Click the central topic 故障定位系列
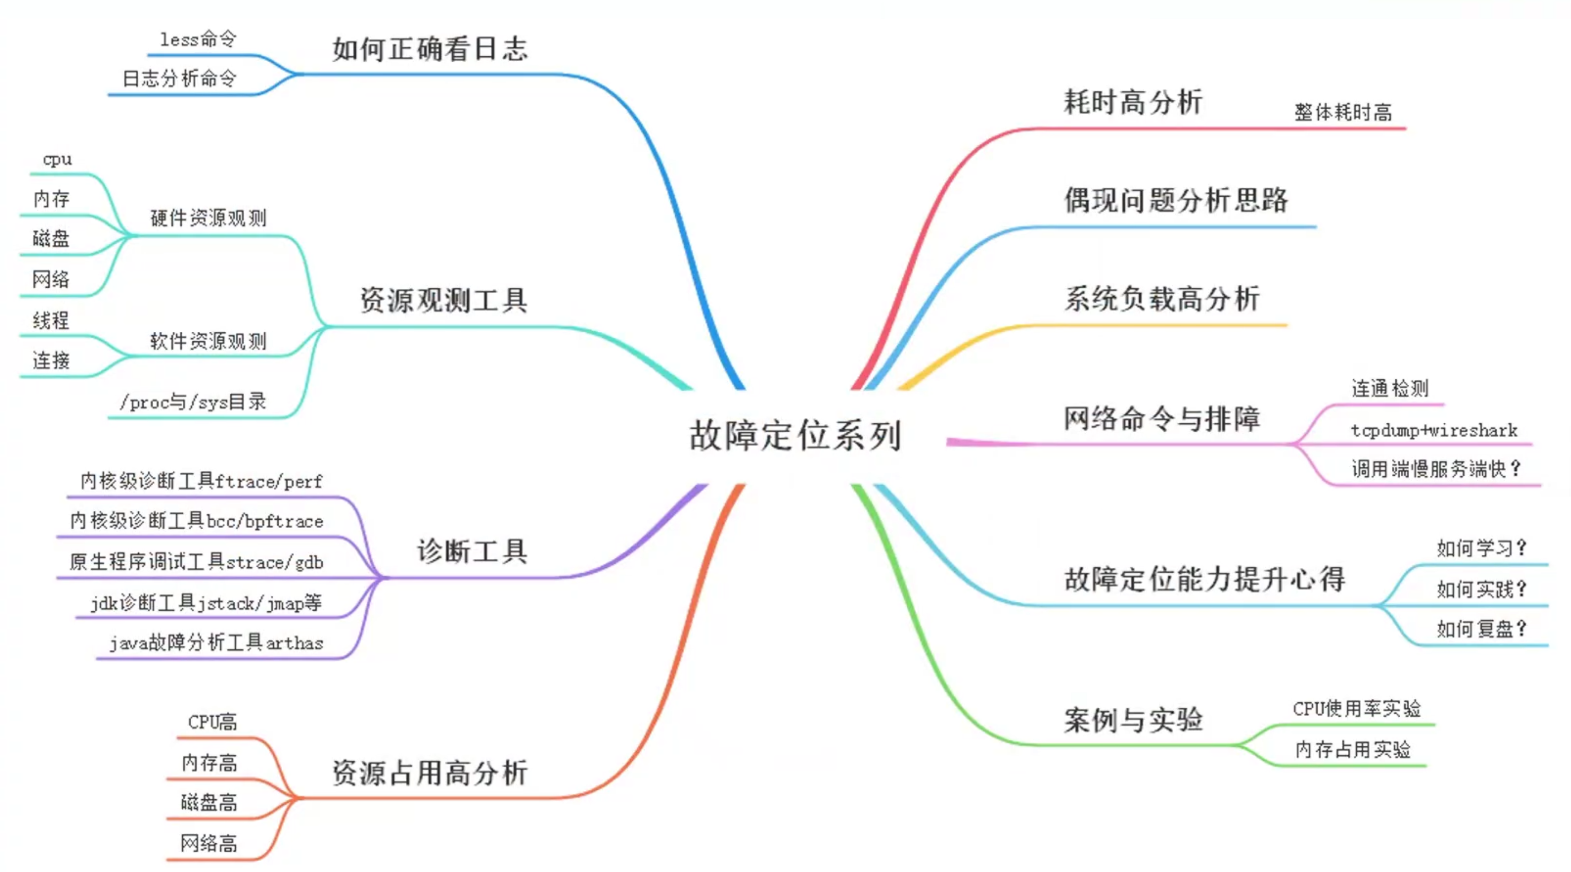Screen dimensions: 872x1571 point(795,435)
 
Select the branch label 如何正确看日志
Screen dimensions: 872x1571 point(430,49)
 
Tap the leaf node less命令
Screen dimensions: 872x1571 point(198,39)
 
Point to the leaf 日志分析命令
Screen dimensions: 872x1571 point(180,79)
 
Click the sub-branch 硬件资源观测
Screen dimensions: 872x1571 point(208,218)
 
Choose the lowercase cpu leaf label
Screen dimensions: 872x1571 point(57,160)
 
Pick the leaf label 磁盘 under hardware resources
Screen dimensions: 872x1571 point(51,239)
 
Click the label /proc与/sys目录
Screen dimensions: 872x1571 point(193,402)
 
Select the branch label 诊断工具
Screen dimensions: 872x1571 point(472,551)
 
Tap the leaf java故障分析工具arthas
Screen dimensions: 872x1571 point(216,643)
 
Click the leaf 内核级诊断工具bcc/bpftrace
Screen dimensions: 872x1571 point(196,521)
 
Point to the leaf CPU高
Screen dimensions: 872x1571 point(212,723)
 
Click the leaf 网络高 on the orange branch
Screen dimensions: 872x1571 point(209,843)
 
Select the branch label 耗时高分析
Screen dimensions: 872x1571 point(1133,102)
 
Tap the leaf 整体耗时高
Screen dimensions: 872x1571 point(1343,112)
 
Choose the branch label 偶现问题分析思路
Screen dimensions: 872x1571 point(1176,200)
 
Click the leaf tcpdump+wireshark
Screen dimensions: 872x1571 point(1434,431)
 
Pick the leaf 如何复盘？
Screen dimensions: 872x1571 point(1481,628)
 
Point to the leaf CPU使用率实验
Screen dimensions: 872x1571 point(1356,709)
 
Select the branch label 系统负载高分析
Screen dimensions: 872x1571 point(1162,299)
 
